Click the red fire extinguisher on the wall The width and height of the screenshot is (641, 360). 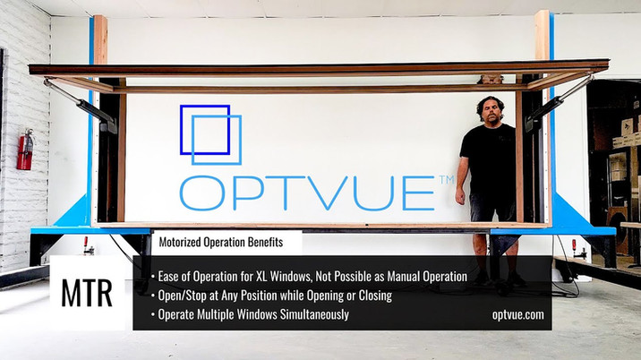coord(25,150)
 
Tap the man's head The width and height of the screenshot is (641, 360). coord(490,111)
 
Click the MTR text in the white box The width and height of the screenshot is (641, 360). coord(87,294)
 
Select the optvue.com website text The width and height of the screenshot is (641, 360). coord(517,314)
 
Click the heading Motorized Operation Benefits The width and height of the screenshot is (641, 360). coord(222,242)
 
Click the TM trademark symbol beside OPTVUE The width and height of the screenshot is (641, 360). coord(446,182)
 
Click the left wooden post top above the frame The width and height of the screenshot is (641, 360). coord(99,38)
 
